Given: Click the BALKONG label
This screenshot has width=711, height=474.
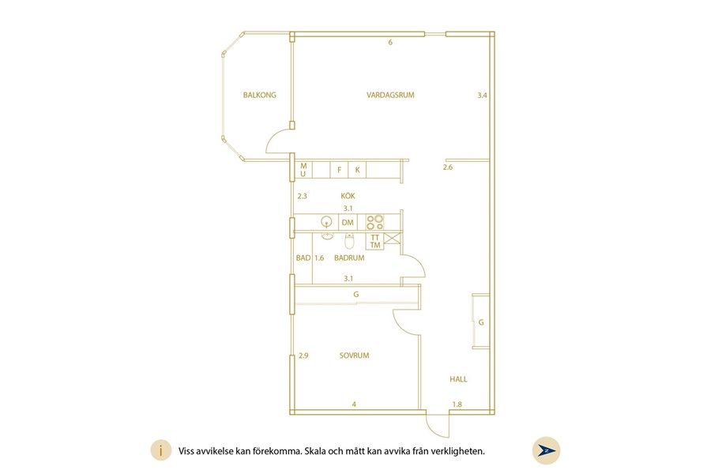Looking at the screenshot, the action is coord(259,96).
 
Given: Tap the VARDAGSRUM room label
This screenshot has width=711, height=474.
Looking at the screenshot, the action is coord(390,96).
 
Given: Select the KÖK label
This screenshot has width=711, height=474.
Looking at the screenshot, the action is coord(348,196).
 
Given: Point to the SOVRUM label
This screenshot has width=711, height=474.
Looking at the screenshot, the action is coord(354,355).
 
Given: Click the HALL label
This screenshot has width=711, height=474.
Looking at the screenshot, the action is coord(458,379).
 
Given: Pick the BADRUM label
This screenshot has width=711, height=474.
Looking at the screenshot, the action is coord(349,258).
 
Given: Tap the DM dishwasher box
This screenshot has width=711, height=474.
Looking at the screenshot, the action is coord(348,223).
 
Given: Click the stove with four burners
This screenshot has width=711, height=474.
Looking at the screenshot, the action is coord(375,222).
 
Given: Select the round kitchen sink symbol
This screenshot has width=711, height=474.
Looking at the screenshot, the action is coord(326,222).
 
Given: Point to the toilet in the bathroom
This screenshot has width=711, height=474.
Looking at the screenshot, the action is coord(349,241).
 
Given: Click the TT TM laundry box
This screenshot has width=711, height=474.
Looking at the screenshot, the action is coord(375,241).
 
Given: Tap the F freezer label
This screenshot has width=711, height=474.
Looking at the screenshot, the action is coord(339,170).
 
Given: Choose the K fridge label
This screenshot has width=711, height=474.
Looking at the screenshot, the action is coord(357,170).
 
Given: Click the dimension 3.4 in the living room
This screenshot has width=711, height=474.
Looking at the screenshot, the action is coord(482,96).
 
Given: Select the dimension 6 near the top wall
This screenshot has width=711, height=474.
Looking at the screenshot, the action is coord(390,43).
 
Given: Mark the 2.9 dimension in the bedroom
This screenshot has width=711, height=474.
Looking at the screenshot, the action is coord(303,355).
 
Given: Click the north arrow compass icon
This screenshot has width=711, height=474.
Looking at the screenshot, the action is coord(547,451).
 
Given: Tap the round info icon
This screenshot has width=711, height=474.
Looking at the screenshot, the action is coord(161,451).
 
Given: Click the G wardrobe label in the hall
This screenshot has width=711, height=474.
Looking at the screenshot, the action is coord(481,322).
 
